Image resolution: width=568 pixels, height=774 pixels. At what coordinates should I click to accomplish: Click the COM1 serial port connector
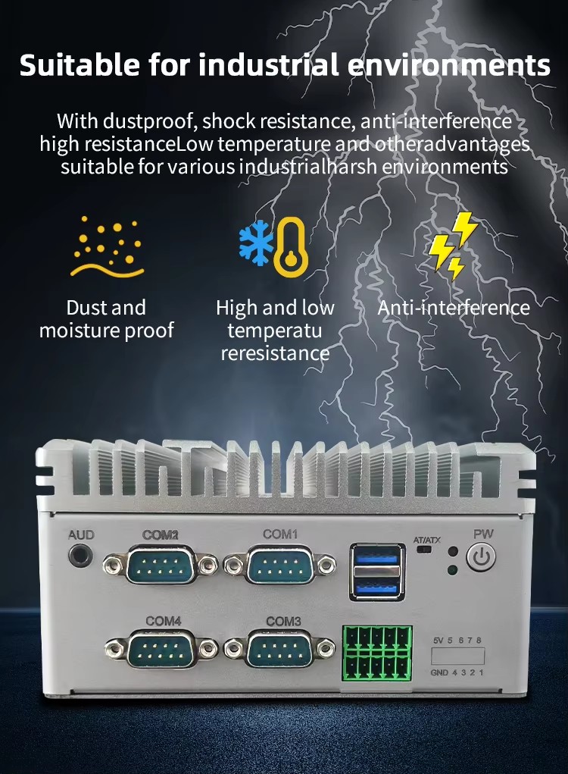click(279, 564)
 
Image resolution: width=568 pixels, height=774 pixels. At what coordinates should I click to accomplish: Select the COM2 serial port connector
click(161, 564)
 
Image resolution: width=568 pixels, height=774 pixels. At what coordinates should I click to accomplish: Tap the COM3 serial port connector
click(279, 650)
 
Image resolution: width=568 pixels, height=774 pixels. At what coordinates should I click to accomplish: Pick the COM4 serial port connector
click(161, 650)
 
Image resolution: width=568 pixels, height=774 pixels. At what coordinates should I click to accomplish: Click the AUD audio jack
click(80, 556)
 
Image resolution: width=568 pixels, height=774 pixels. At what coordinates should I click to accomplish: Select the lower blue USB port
click(376, 587)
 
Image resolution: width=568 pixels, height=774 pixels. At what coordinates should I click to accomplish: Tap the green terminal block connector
click(377, 652)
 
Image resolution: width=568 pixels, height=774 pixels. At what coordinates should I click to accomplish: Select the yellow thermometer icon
click(290, 248)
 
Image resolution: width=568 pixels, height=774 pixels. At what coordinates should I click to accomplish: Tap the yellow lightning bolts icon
click(452, 246)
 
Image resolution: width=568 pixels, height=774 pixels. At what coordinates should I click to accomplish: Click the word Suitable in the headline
click(80, 64)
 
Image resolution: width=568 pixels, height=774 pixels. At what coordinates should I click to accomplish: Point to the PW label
click(483, 534)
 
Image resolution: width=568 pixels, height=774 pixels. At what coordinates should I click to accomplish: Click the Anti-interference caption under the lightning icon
click(454, 308)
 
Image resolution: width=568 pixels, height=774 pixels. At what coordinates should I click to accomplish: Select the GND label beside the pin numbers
click(439, 672)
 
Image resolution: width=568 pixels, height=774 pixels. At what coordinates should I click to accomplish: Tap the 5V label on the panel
click(438, 641)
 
